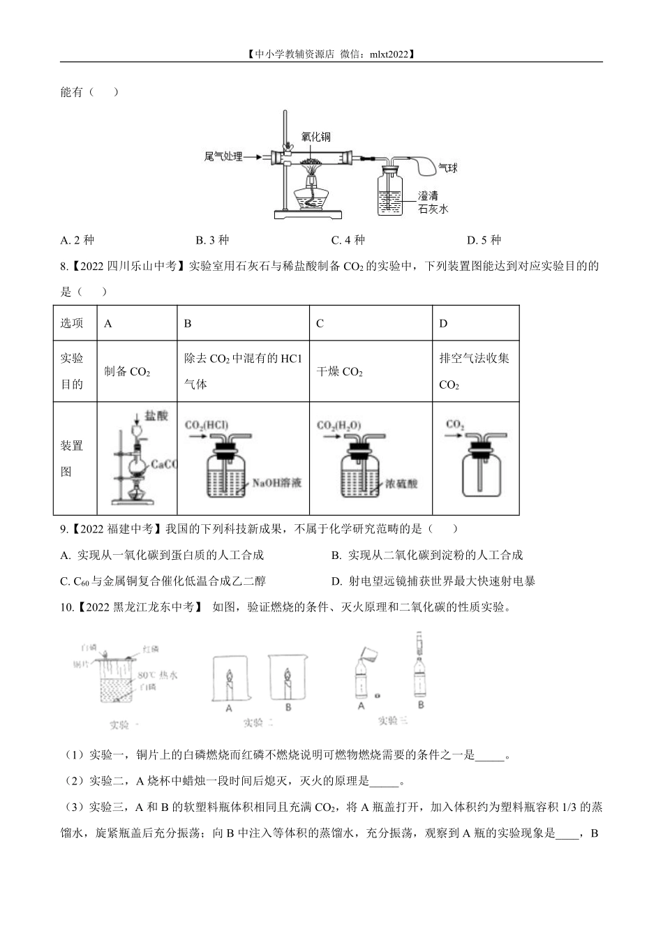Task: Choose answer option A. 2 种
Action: (77, 240)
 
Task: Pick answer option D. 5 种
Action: (484, 240)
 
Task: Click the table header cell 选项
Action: (73, 323)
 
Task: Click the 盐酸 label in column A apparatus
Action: (156, 416)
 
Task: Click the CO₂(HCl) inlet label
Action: (207, 424)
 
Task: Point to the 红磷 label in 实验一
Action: (151, 650)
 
